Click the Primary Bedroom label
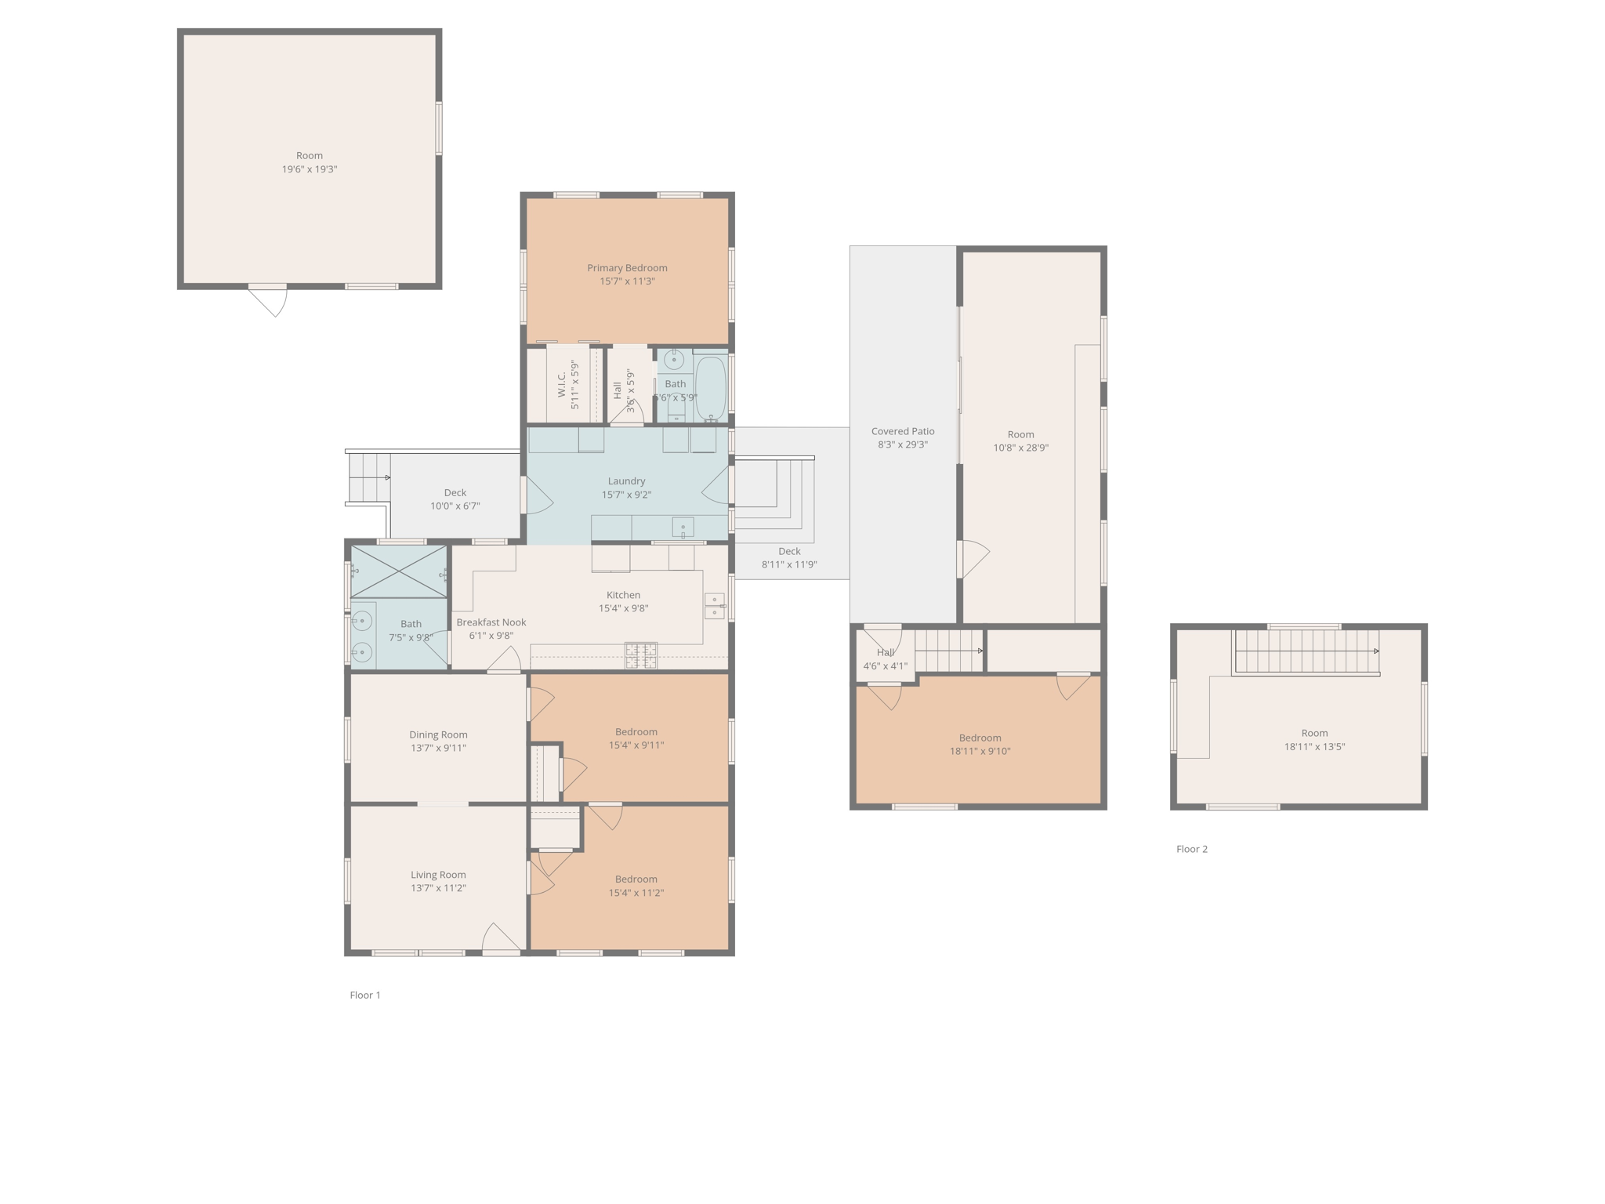tap(627, 268)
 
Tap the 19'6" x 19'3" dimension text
tap(310, 169)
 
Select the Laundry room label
tap(626, 481)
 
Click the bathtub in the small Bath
tap(711, 388)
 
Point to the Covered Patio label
tap(903, 431)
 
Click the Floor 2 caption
tap(1191, 849)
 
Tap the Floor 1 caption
tap(364, 995)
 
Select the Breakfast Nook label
tap(491, 622)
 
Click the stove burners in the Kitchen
tap(640, 655)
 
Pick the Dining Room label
tap(438, 734)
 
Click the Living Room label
tap(438, 875)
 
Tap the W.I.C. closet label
tap(562, 384)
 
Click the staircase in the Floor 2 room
tap(1306, 651)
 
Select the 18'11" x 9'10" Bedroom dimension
tap(980, 751)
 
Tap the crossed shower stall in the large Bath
tap(398, 571)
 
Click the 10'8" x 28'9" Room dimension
tap(1020, 448)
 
